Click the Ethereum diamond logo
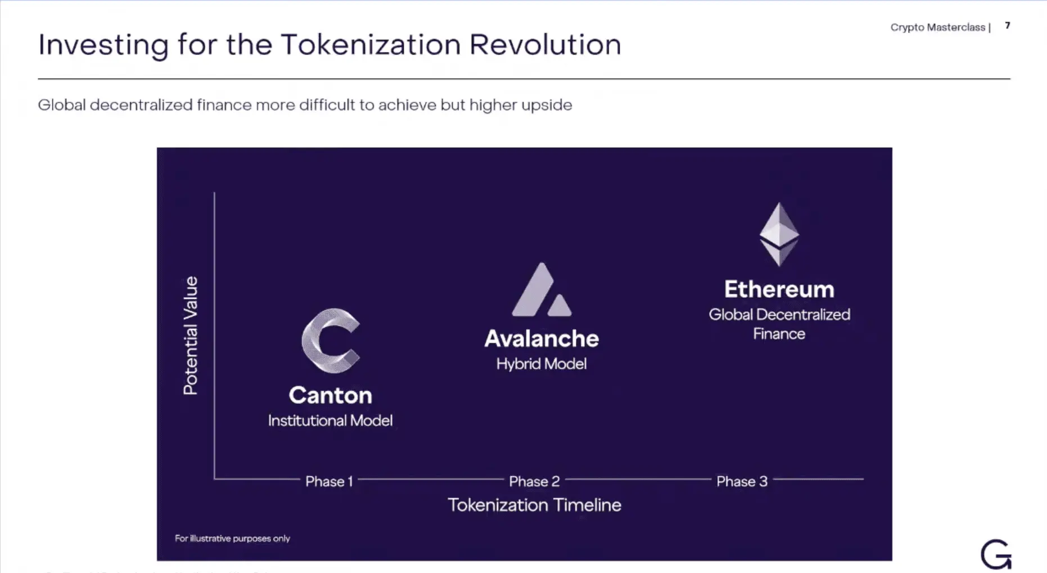(779, 234)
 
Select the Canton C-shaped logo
(330, 340)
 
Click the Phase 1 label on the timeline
(329, 481)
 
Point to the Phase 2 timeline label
(534, 481)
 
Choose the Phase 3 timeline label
(742, 481)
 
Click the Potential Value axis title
(191, 335)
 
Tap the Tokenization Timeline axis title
(534, 505)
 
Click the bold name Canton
(330, 395)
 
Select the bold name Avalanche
(541, 339)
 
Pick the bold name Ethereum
(779, 289)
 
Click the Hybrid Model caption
(541, 364)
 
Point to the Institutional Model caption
(330, 421)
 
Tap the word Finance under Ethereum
(779, 334)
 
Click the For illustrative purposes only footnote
(232, 538)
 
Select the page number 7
(1008, 26)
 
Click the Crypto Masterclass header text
(937, 27)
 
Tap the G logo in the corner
(996, 555)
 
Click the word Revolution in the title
(545, 45)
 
